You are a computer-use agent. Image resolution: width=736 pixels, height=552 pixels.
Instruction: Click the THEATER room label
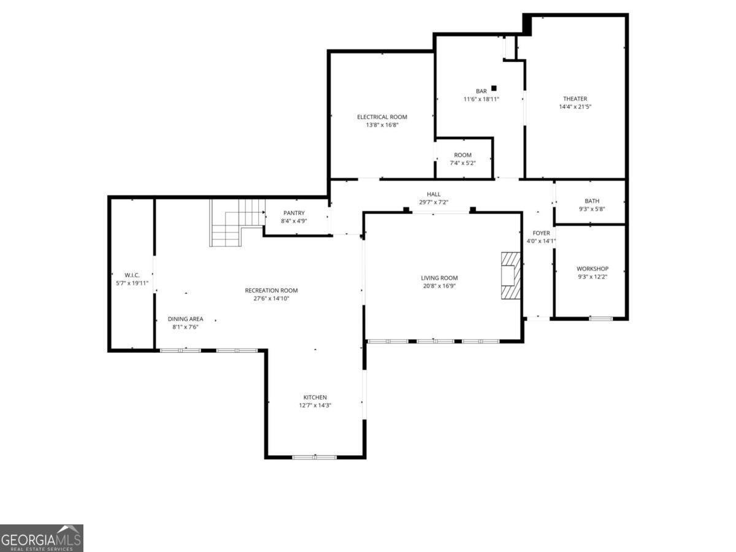coord(575,99)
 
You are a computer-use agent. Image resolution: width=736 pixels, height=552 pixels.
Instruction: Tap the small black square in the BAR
coord(494,88)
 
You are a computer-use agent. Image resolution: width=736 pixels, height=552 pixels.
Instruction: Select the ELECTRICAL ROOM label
coord(382,117)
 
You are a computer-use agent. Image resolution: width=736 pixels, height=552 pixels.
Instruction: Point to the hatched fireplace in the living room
coord(510,275)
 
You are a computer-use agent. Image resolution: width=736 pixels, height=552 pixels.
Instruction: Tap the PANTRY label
coord(294,213)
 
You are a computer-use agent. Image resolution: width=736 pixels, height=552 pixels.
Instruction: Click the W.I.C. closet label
coord(132,275)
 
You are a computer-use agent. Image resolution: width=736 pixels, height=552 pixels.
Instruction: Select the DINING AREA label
coord(185,319)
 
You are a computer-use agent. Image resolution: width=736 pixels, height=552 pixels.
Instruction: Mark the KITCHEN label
coord(315,397)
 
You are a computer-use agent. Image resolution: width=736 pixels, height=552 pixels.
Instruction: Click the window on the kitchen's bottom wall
coord(315,457)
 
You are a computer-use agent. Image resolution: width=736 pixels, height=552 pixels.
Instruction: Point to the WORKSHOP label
coord(592,269)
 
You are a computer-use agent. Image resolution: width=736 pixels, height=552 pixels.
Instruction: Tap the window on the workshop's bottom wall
coord(600,318)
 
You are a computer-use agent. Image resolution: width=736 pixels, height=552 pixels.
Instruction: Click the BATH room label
coord(592,201)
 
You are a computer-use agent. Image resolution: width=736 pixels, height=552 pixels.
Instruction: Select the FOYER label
coord(541,233)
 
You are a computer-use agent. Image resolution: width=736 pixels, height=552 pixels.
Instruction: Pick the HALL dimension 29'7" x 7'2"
coord(434,202)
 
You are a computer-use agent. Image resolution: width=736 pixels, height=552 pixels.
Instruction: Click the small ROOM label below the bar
coord(462,155)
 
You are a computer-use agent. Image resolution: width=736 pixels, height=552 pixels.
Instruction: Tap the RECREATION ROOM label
coord(271,291)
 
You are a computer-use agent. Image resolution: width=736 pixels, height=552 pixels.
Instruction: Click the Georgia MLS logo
coord(41,538)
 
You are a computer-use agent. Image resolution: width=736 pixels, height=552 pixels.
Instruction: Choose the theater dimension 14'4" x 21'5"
coord(575,107)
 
